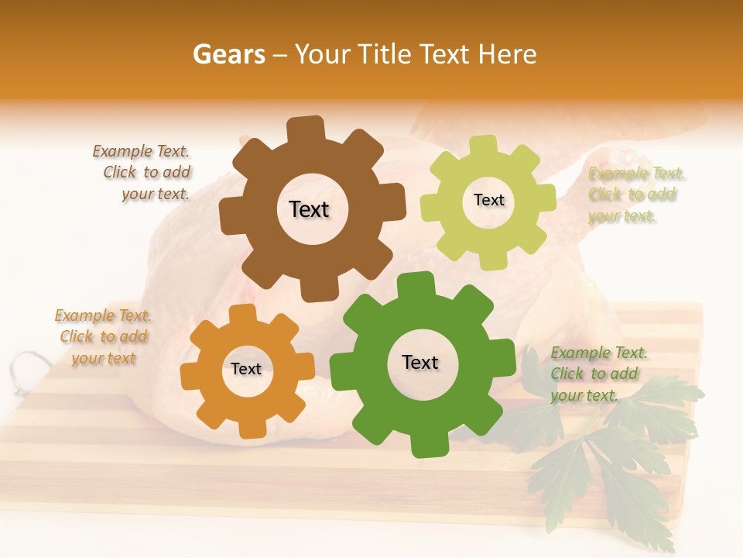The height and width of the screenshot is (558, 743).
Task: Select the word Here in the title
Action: [x=508, y=54]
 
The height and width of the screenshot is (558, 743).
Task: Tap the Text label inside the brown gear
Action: [x=309, y=209]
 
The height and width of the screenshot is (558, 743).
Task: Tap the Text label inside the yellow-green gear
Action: [x=488, y=200]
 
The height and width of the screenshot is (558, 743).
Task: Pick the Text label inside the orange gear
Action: [x=246, y=369]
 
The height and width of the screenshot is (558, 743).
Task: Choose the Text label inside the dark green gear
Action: [x=420, y=362]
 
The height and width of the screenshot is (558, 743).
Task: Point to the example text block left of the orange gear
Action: [x=104, y=336]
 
